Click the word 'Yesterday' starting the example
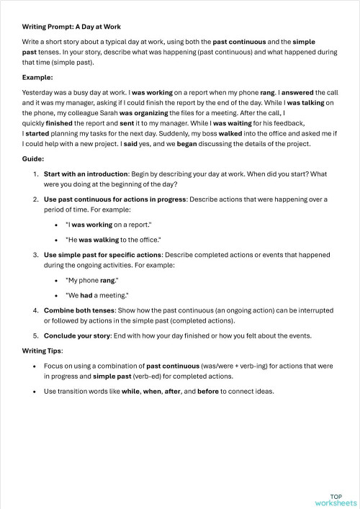(x=40, y=93)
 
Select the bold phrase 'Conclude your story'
(x=77, y=335)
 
